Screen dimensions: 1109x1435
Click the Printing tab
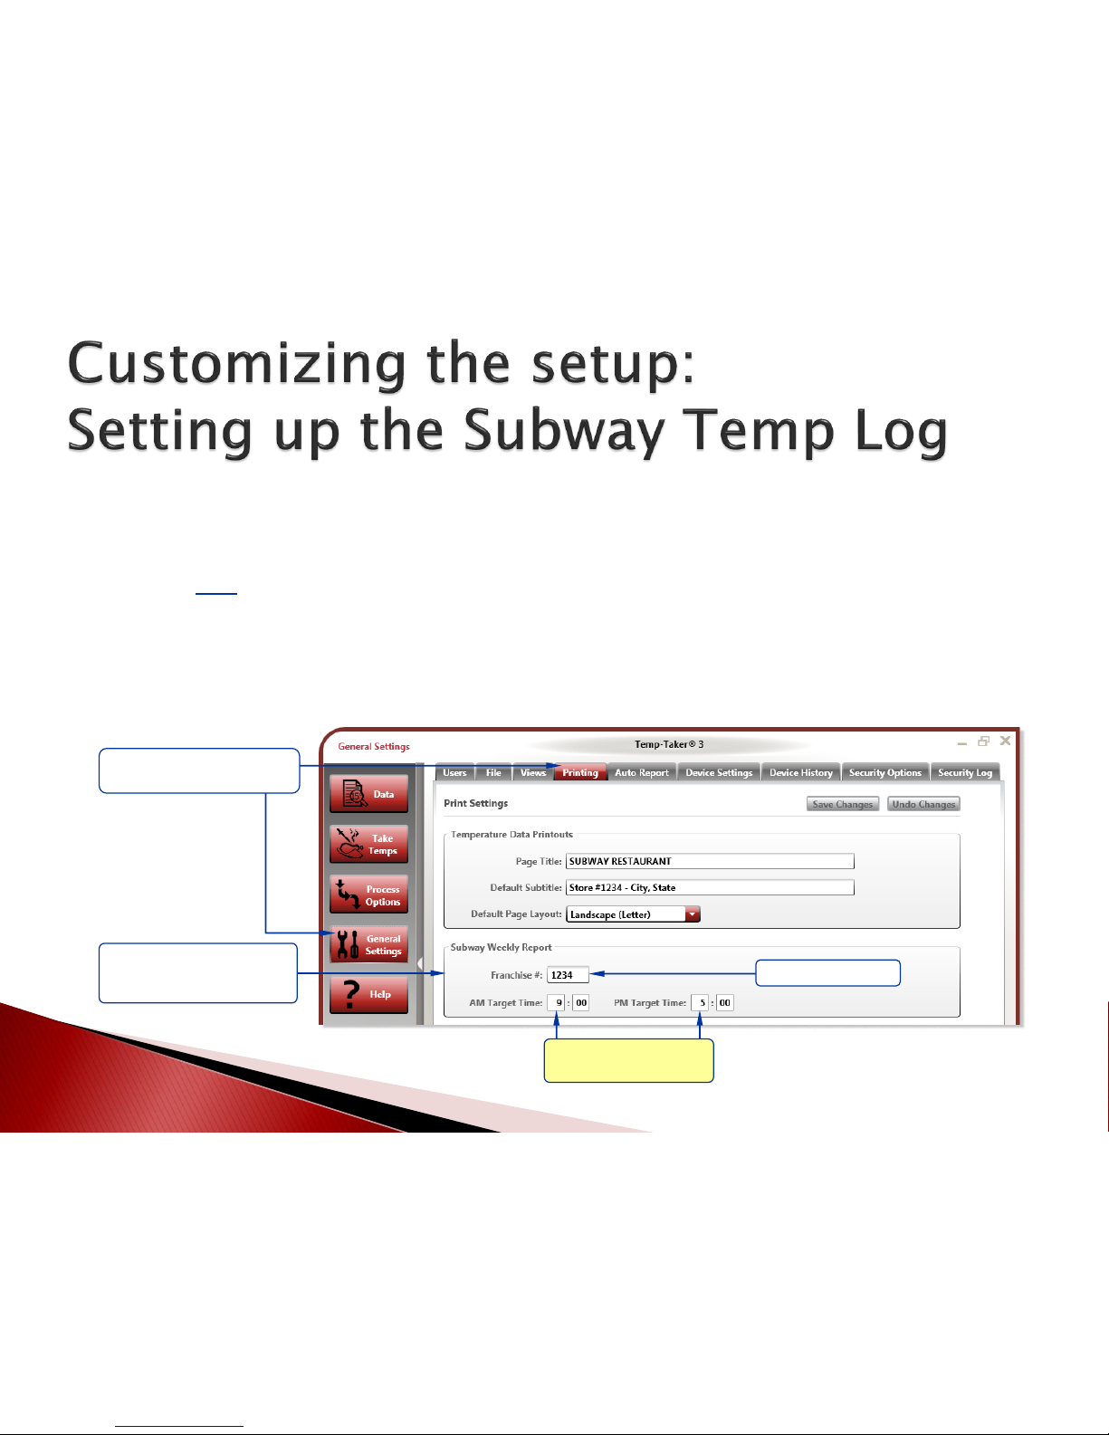point(579,772)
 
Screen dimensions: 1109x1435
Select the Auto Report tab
point(642,772)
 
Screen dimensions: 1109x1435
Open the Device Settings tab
point(719,772)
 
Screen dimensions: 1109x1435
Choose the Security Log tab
point(964,772)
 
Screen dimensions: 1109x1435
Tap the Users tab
point(454,772)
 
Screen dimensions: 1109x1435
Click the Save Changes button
point(842,804)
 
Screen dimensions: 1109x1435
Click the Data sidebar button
point(369,794)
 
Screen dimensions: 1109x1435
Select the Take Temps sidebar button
point(369,844)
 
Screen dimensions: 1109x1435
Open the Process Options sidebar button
point(369,894)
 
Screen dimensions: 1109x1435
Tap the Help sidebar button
point(369,994)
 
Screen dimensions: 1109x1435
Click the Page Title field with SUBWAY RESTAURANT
point(710,861)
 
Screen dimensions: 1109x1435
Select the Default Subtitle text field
point(710,887)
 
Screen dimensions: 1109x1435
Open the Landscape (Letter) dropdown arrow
point(692,914)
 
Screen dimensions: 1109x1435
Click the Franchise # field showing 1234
point(568,975)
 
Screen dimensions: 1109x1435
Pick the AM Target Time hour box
point(556,1002)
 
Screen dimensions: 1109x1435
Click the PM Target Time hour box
point(700,1002)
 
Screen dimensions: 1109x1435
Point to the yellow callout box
point(628,1060)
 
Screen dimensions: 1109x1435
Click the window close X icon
point(1005,741)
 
